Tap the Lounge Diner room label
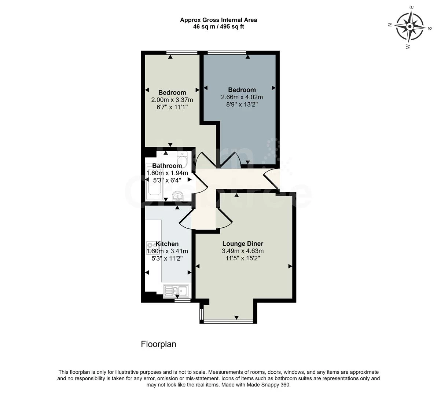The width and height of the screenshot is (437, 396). [x=243, y=243]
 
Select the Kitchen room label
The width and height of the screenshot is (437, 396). [x=167, y=244]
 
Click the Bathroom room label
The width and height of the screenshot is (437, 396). [x=167, y=166]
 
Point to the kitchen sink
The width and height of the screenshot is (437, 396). [x=176, y=291]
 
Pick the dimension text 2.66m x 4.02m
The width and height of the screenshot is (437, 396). [x=242, y=97]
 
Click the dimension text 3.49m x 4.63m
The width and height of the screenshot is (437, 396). [x=243, y=251]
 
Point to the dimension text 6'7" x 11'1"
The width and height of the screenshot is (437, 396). [x=172, y=107]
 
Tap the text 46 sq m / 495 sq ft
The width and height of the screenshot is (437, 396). [x=218, y=27]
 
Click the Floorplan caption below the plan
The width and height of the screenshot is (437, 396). [x=158, y=344]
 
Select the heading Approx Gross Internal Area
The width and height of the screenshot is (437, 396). [x=218, y=20]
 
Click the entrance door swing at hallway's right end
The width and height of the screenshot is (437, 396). [x=271, y=178]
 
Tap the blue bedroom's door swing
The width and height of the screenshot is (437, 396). [x=230, y=161]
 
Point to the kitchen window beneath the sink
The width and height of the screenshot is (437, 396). [x=182, y=300]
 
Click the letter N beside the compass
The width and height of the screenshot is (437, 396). [x=390, y=25]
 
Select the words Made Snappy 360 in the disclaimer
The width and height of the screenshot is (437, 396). [x=269, y=385]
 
